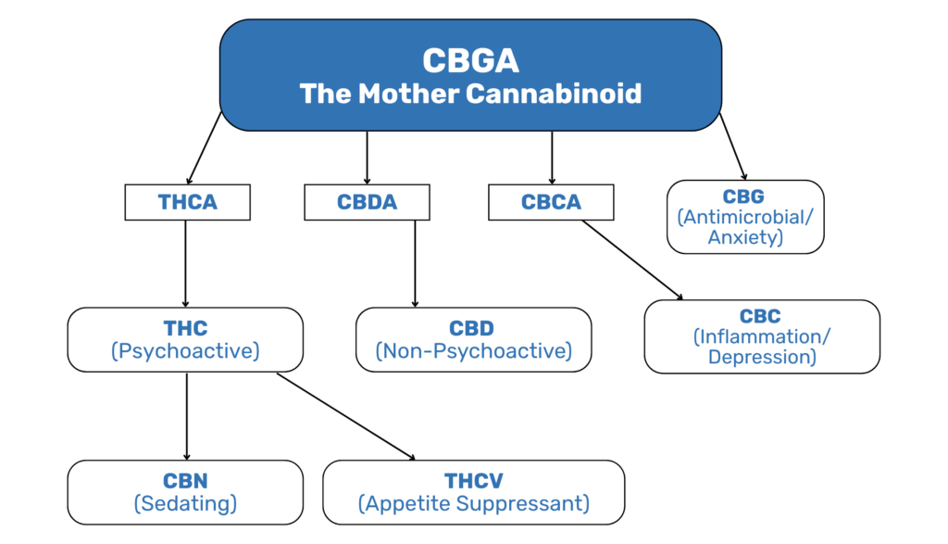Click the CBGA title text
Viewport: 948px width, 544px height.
tap(470, 60)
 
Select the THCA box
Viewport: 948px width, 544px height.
tap(187, 202)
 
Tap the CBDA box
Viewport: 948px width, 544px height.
tap(367, 202)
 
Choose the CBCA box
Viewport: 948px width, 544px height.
tap(551, 202)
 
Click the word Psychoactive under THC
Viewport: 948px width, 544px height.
tap(185, 351)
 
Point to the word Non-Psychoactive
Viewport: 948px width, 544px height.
tap(473, 351)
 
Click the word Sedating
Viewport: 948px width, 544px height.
tap(185, 503)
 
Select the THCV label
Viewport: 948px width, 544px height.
tap(474, 481)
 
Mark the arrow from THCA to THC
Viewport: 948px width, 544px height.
tap(185, 264)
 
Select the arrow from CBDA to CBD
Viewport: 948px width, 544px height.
tap(415, 264)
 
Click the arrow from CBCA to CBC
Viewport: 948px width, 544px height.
tap(632, 260)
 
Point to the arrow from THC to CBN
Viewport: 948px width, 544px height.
tap(187, 416)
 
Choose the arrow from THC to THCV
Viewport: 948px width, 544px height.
tap(346, 417)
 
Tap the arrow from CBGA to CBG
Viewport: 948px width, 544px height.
tap(733, 146)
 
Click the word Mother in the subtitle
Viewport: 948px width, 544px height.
tap(408, 94)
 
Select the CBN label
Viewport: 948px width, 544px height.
tap(185, 481)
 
